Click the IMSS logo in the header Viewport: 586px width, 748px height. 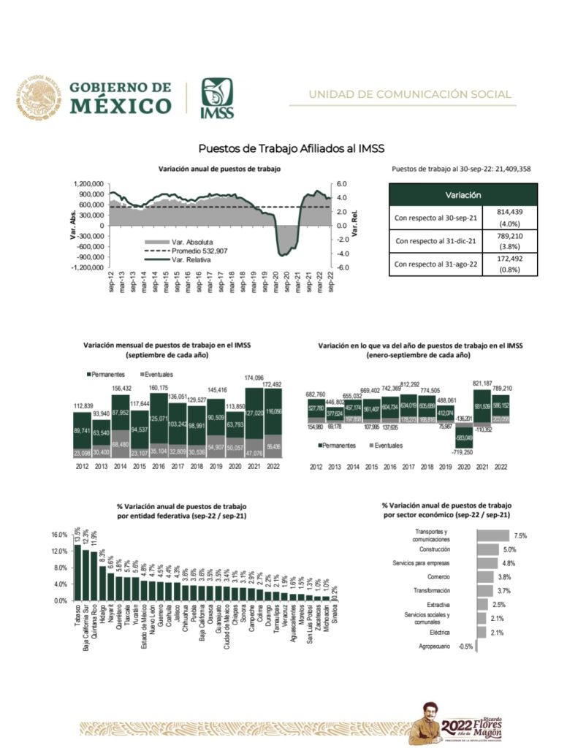point(217,96)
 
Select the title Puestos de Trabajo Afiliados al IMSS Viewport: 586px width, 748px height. point(291,148)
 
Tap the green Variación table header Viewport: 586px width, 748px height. point(463,195)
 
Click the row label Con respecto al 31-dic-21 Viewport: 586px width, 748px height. point(435,240)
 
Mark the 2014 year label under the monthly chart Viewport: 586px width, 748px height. point(121,466)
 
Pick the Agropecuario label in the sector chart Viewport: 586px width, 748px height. point(434,646)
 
